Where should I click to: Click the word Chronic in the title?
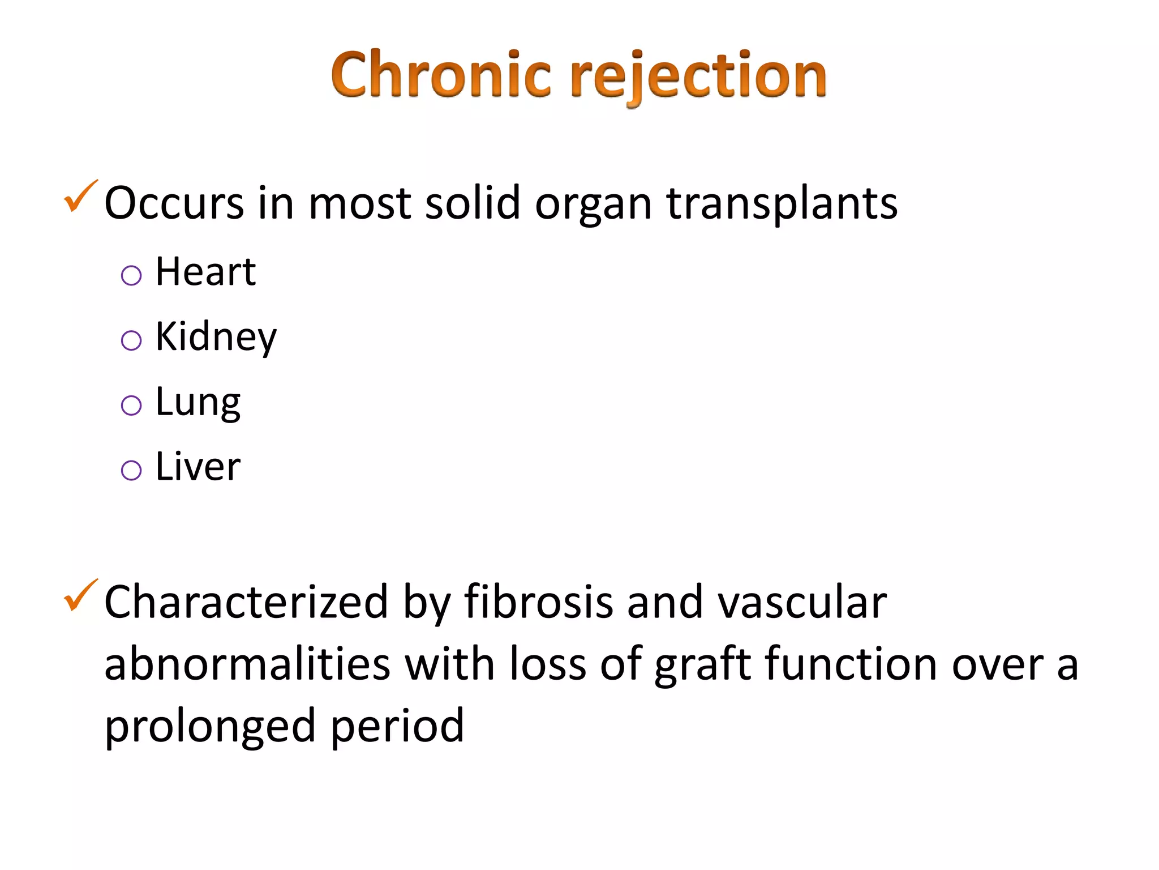pyautogui.click(x=441, y=75)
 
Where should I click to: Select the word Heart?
pyautogui.click(x=205, y=272)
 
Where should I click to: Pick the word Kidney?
pyautogui.click(x=216, y=338)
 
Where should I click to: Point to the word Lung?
pyautogui.click(x=198, y=403)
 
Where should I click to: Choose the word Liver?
pyautogui.click(x=198, y=467)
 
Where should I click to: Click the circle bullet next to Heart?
pyautogui.click(x=131, y=276)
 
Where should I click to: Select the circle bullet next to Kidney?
pyautogui.click(x=131, y=340)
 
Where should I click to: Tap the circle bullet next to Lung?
pyautogui.click(x=131, y=406)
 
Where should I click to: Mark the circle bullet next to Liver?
pyautogui.click(x=131, y=470)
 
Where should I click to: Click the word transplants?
pyautogui.click(x=782, y=204)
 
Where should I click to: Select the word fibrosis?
pyautogui.click(x=538, y=602)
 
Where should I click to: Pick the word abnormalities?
pyautogui.click(x=247, y=664)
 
